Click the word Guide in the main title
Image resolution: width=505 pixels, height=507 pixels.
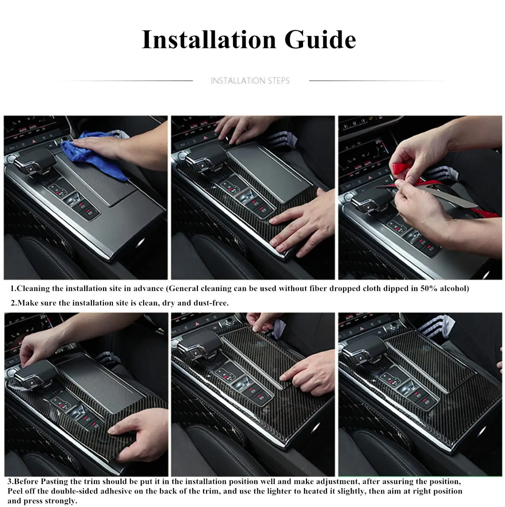(320, 40)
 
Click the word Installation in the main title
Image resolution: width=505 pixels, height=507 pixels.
(209, 40)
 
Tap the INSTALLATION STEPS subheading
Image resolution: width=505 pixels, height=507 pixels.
(250, 81)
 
